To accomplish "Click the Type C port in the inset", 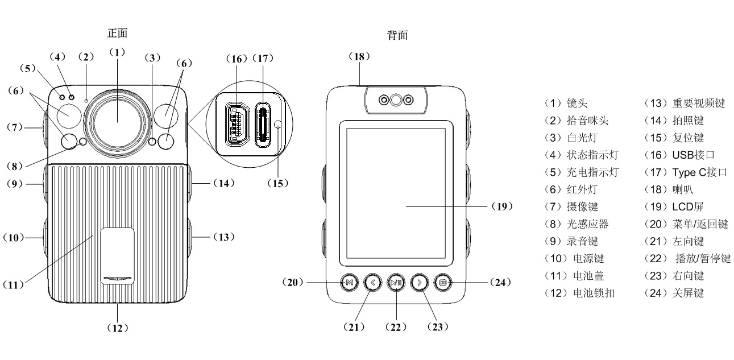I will [x=263, y=124].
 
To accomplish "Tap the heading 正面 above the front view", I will [x=117, y=33].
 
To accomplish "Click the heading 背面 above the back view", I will [x=396, y=35].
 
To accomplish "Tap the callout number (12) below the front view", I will [x=118, y=328].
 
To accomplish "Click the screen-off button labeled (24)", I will [x=442, y=282].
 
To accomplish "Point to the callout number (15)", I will [x=278, y=183].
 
